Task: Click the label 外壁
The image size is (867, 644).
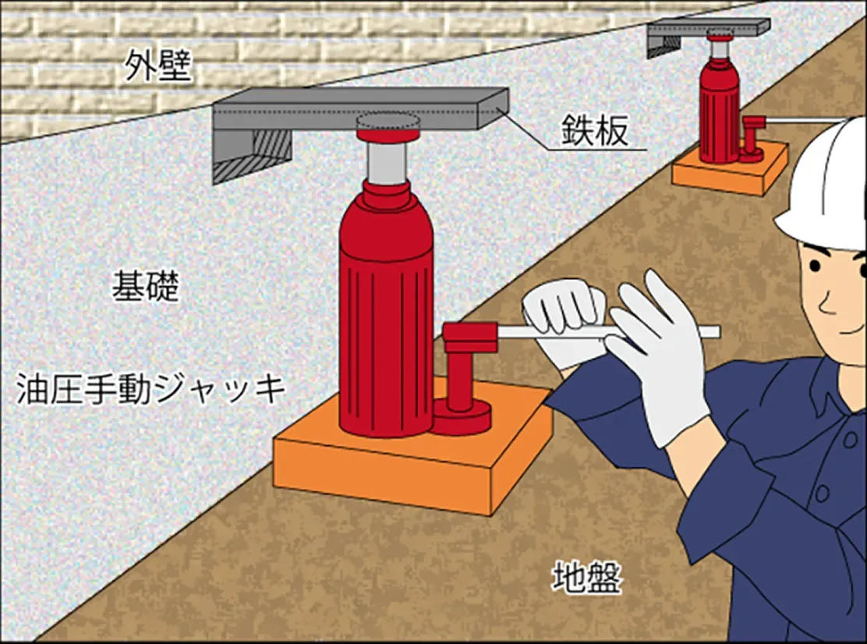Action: pos(157,65)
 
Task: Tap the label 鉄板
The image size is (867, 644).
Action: pos(595,130)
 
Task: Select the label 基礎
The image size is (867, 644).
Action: pos(146,286)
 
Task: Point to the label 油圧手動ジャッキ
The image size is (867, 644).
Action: pos(151,388)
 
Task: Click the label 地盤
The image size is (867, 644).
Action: pos(586,577)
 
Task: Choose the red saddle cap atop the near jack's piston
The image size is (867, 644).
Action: pos(387,135)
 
